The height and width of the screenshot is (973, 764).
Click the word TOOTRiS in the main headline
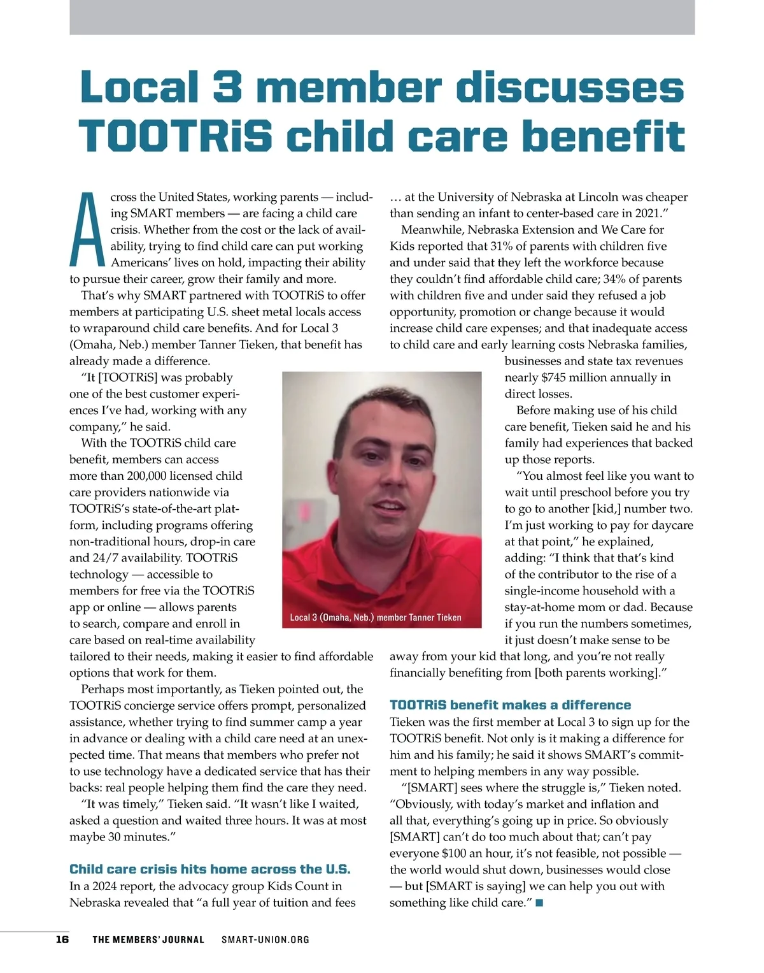pyautogui.click(x=176, y=136)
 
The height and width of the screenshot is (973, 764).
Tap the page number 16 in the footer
pyautogui.click(x=62, y=939)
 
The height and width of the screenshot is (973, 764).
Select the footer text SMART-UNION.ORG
pyautogui.click(x=265, y=939)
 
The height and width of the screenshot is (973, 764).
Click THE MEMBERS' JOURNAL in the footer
pyautogui.click(x=148, y=939)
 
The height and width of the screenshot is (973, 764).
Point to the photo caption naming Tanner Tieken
pyautogui.click(x=376, y=617)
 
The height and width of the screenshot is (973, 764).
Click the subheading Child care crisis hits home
pyautogui.click(x=209, y=869)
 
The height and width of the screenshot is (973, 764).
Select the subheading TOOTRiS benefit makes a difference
pyautogui.click(x=510, y=705)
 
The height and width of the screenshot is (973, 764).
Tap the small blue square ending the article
pyautogui.click(x=539, y=902)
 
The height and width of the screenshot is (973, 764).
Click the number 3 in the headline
pyautogui.click(x=226, y=87)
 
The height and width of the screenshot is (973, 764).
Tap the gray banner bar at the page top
pyautogui.click(x=382, y=17)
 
